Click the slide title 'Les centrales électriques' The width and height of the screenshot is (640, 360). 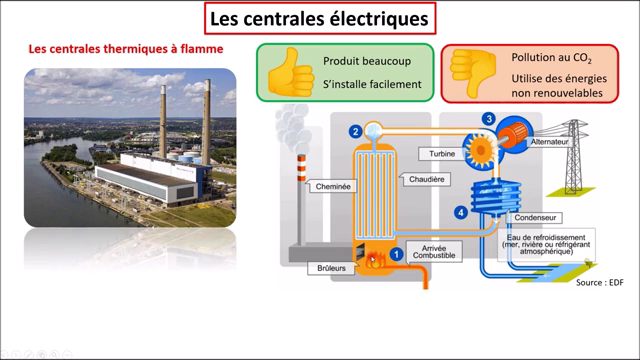[x=321, y=18]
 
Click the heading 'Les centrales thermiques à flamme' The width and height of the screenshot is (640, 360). [x=125, y=48]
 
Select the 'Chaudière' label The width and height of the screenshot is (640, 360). [x=427, y=179]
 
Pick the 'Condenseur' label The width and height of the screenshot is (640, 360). [x=534, y=217]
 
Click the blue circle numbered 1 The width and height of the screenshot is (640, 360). [x=396, y=254]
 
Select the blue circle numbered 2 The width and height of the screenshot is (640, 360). [x=355, y=131]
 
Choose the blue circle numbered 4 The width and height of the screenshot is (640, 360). [x=461, y=212]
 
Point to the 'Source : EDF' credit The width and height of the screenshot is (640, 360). [x=600, y=283]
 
